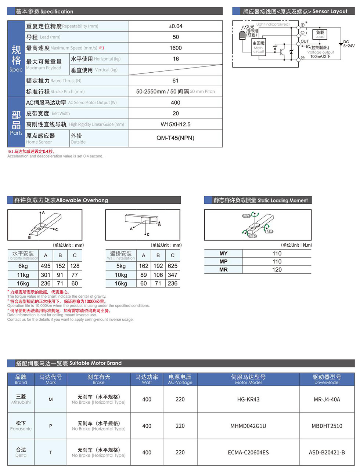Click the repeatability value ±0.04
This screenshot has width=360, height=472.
(176, 26)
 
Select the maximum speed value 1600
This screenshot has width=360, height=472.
(176, 48)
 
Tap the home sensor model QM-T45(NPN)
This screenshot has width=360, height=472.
(176, 138)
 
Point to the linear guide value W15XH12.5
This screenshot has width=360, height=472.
(176, 124)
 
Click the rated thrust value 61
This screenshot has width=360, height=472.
(176, 81)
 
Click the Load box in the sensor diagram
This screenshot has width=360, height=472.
(320, 34)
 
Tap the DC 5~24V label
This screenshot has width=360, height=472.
(349, 44)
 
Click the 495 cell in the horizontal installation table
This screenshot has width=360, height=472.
(46, 266)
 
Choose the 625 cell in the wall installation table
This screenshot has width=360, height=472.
(173, 266)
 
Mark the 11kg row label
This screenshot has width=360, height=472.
(23, 275)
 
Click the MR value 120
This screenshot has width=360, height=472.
(277, 270)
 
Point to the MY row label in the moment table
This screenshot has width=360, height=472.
(223, 254)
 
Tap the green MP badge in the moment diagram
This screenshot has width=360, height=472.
(269, 231)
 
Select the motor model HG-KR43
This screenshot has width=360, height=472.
(248, 399)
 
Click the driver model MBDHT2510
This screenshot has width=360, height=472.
(327, 426)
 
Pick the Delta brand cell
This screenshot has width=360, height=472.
(21, 452)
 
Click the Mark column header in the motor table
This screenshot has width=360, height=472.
(51, 379)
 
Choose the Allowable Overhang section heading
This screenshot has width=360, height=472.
(61, 200)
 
